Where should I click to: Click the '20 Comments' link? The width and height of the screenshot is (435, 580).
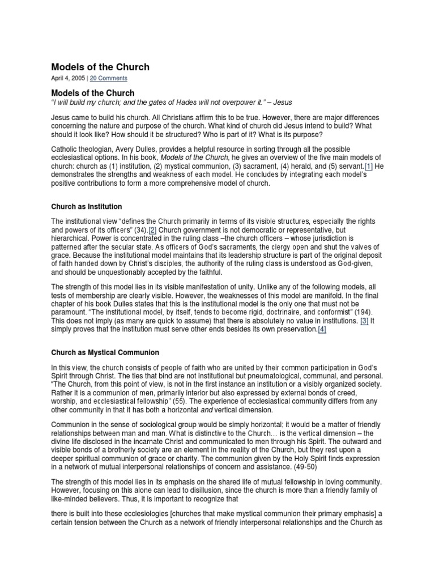pyautogui.click(x=109, y=78)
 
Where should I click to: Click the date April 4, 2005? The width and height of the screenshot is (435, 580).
pyautogui.click(x=69, y=78)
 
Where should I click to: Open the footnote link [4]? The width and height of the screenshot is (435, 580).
pyautogui.click(x=322, y=329)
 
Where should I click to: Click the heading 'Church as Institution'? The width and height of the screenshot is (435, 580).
pyautogui.click(x=87, y=207)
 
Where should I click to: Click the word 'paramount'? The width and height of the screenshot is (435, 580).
pyautogui.click(x=70, y=312)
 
